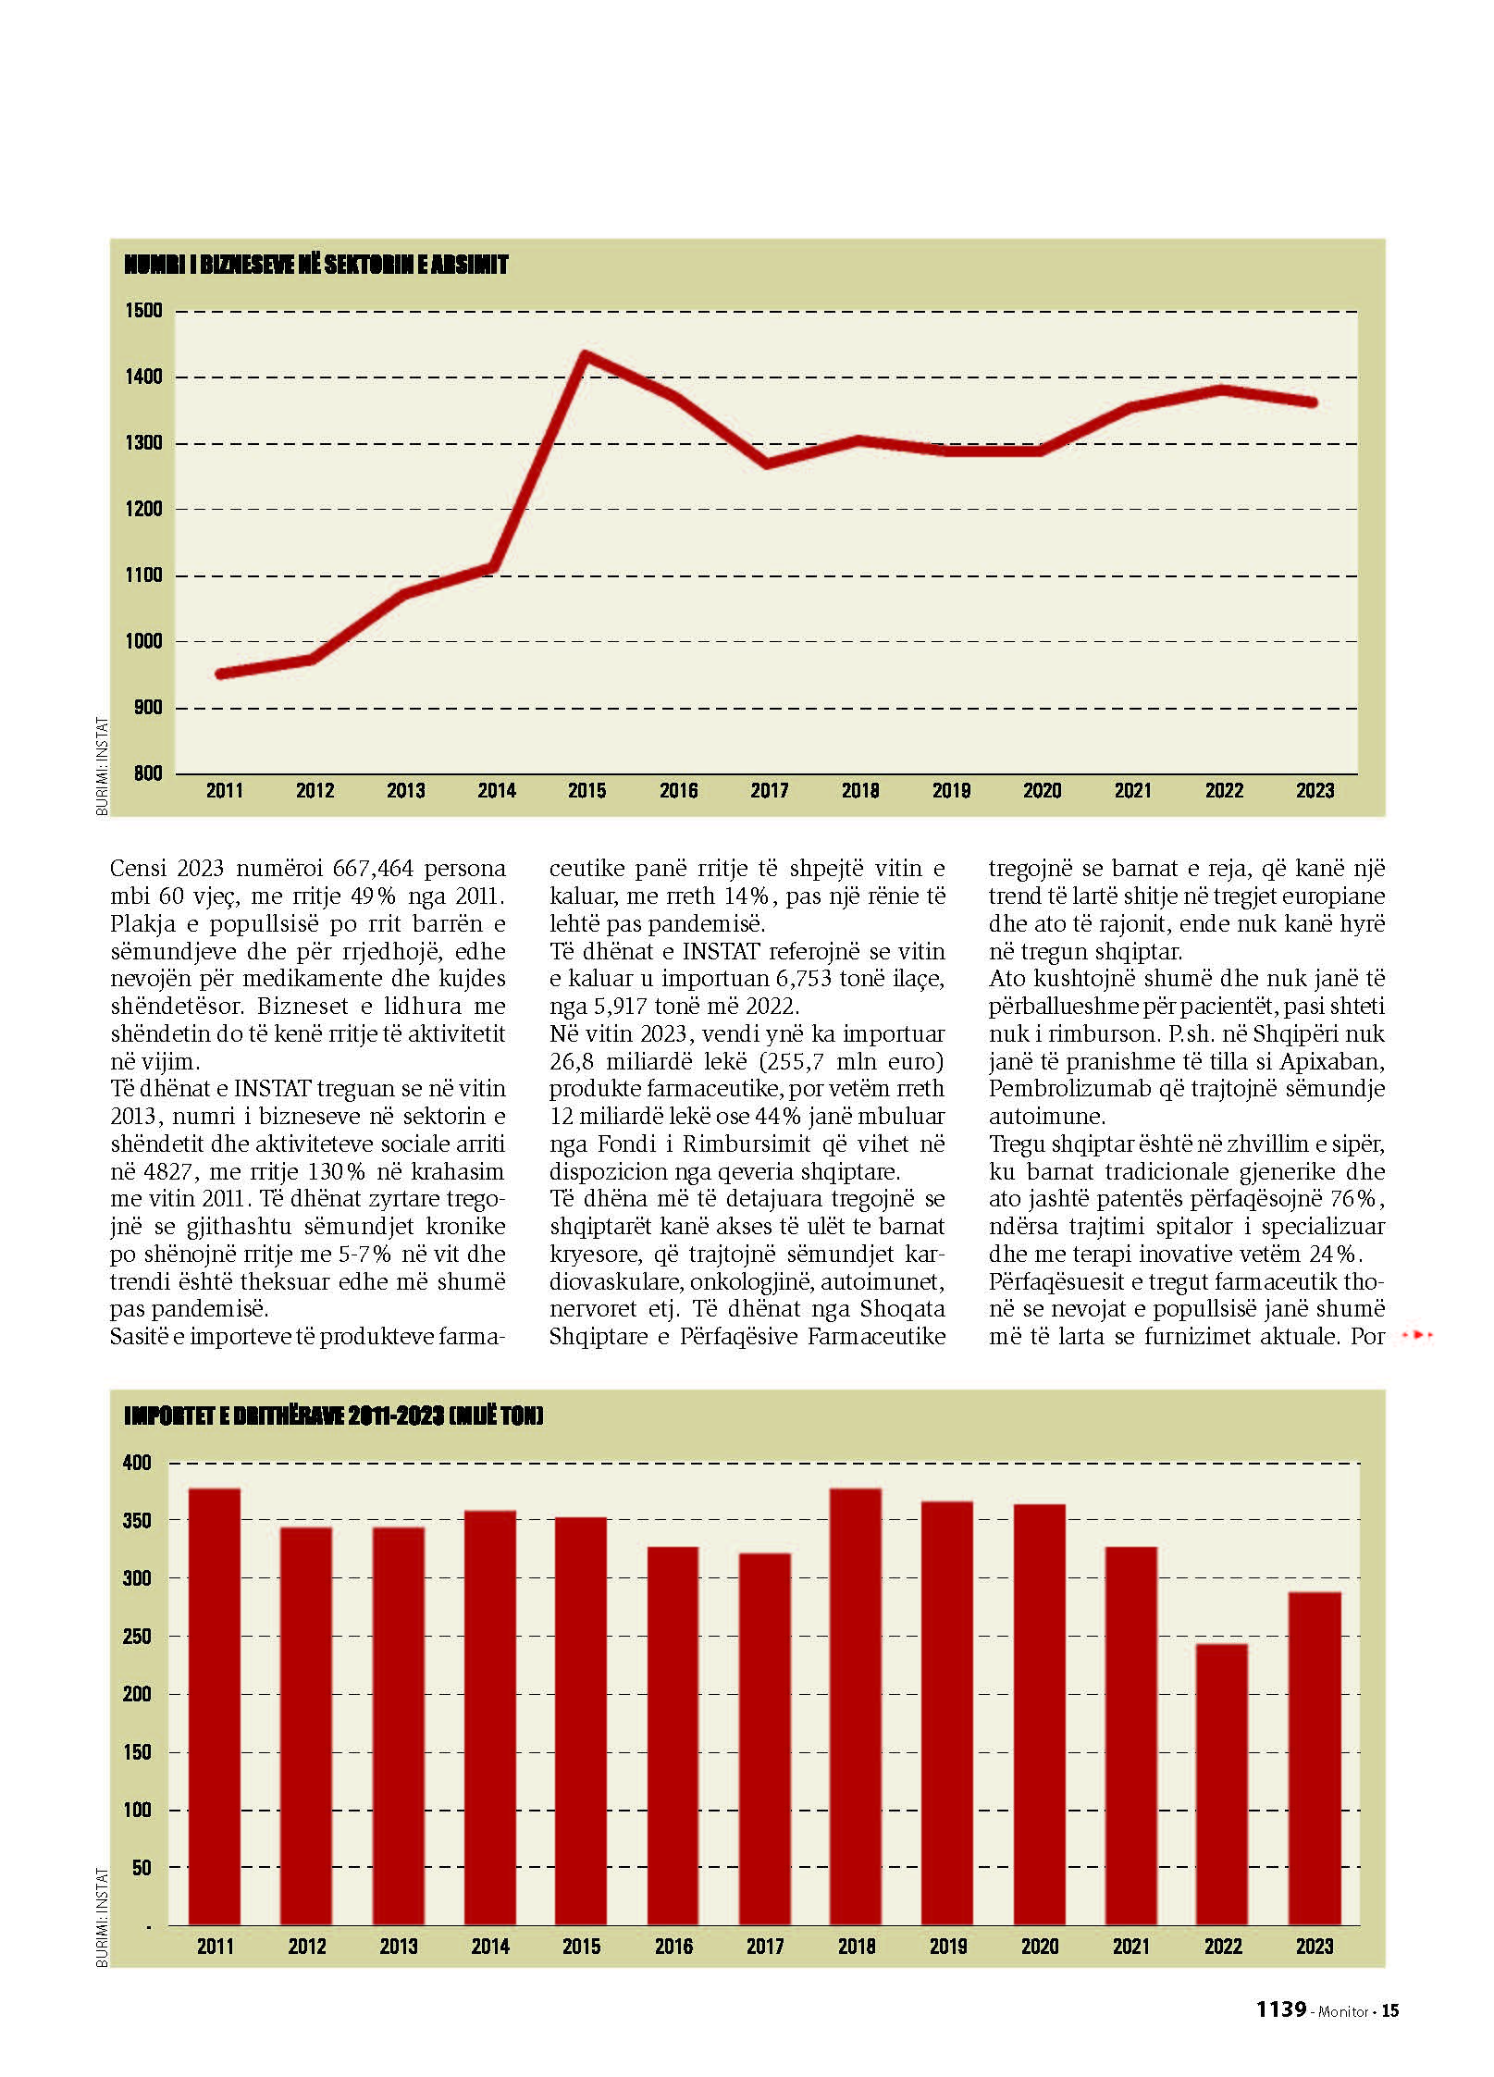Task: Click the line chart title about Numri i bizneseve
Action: click(x=316, y=266)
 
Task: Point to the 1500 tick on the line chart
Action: click(x=143, y=311)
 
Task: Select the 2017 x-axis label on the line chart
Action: click(x=769, y=791)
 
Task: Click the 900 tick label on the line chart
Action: click(x=147, y=708)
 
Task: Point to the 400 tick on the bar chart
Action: click(x=137, y=1464)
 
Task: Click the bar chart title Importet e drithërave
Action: click(x=333, y=1416)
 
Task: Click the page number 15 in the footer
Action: click(x=1390, y=2011)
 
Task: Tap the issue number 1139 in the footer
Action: click(x=1280, y=2010)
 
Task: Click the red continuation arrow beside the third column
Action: click(x=1417, y=1335)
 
